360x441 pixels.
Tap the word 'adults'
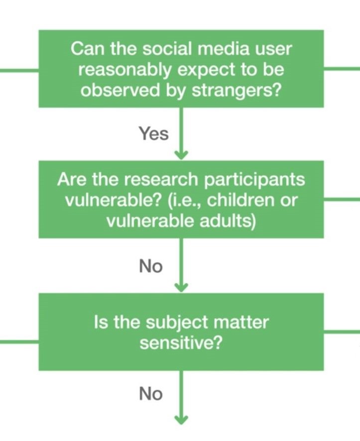point(228,221)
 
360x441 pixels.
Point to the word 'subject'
point(177,323)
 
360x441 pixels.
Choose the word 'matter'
point(241,323)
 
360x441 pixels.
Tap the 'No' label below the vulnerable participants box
point(151,266)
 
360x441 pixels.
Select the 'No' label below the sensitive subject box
point(151,394)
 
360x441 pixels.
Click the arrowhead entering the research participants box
point(181,155)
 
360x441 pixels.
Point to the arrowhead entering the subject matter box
point(181,287)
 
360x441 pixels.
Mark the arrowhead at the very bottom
point(181,419)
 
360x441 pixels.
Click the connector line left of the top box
point(19,70)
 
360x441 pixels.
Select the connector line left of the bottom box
point(19,342)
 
